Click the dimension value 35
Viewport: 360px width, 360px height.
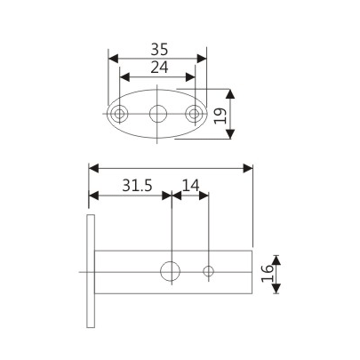157,49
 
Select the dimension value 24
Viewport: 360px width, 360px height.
157,68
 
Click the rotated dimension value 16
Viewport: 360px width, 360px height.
266,272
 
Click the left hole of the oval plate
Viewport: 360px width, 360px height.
118,114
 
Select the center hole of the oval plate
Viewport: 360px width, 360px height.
158,114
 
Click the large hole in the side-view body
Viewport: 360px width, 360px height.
170,272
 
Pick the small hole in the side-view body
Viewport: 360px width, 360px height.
209,272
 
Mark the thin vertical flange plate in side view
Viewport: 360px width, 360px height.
89,272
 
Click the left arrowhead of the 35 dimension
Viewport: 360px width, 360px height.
112,59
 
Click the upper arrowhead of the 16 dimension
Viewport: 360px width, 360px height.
276,258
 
